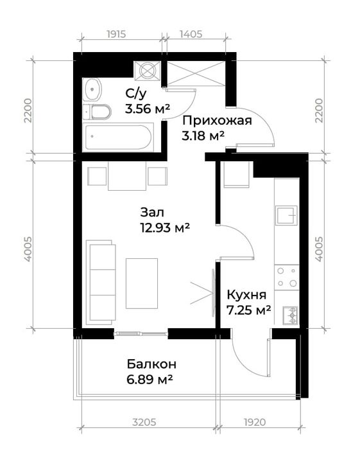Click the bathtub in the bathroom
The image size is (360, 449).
[x=119, y=137]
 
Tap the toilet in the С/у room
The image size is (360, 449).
[x=99, y=112]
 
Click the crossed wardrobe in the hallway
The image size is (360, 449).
[x=194, y=73]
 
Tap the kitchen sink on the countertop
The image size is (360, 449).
[x=287, y=215]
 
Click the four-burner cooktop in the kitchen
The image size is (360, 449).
[x=287, y=277]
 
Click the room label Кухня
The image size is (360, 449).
[x=246, y=295]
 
